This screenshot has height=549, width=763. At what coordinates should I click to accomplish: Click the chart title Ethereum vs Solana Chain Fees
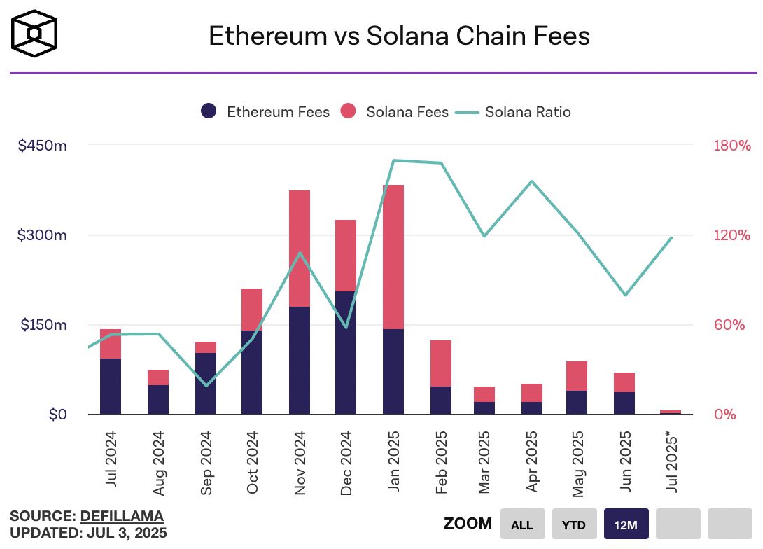(399, 36)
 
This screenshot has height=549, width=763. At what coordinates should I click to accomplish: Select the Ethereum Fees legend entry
(265, 111)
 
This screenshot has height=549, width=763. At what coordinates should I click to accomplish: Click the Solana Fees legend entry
(395, 111)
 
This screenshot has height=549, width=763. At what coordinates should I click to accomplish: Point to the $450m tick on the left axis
(43, 146)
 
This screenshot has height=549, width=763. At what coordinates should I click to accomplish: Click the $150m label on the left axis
(43, 325)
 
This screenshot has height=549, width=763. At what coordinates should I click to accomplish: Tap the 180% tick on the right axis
(731, 146)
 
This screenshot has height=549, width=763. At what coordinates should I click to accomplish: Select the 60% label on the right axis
(730, 325)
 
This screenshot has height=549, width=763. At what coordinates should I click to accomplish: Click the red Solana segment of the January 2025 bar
(393, 256)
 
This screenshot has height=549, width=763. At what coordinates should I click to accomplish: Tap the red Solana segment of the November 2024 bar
(300, 248)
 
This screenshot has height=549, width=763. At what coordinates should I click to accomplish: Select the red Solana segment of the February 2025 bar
(441, 363)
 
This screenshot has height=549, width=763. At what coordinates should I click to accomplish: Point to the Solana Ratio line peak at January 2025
(394, 160)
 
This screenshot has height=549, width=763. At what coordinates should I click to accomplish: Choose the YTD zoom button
(574, 524)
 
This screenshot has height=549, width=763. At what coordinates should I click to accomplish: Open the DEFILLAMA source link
(122, 516)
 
